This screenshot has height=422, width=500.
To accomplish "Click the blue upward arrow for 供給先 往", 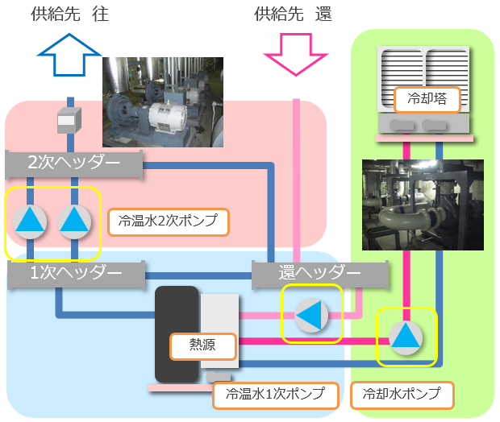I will pos(70,56).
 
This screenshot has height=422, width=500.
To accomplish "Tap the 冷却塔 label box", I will pos(427,100).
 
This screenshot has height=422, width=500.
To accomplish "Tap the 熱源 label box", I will pos(203,345).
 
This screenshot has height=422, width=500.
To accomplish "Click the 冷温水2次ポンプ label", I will pos(169,221).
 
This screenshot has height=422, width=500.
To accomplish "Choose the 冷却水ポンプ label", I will pos(402,395).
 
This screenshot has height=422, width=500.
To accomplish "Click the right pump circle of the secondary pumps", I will pos(74,220).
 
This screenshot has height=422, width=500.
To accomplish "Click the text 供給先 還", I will pos(293,14).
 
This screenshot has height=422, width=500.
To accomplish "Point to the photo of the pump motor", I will pos(163,101).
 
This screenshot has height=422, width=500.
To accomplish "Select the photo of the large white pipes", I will pos(423,205).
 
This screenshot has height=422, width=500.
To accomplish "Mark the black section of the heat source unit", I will pos(177,334).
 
